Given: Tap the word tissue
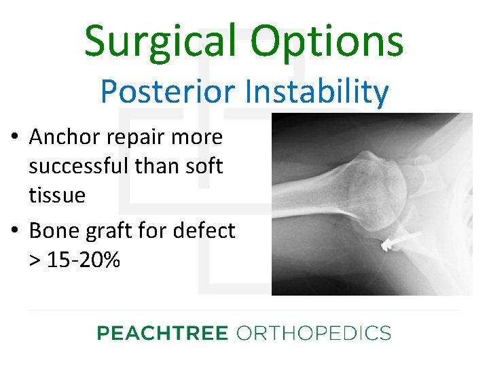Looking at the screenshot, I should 57,196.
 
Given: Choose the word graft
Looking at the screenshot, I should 103,231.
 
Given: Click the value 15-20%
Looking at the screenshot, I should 83,260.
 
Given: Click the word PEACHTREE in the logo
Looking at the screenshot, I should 163,333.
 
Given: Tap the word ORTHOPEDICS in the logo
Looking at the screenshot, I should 313,333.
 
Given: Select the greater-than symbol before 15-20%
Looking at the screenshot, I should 35,260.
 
